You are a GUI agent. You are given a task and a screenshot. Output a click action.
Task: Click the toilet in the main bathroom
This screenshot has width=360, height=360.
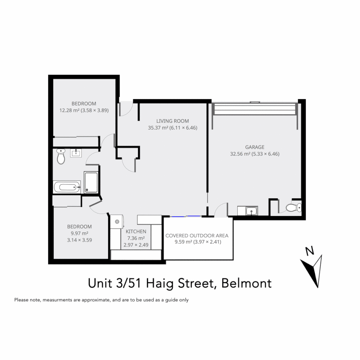[61, 157]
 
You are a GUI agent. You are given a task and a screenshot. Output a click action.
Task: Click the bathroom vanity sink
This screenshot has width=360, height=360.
[76, 153]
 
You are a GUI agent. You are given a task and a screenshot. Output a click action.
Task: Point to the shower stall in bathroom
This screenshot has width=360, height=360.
[91, 182]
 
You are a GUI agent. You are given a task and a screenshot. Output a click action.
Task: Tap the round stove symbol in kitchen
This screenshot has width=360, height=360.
[117, 221]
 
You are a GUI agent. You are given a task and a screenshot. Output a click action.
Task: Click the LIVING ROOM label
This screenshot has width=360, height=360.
[173, 121]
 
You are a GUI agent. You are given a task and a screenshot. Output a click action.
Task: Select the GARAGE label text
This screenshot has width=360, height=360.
[255, 147]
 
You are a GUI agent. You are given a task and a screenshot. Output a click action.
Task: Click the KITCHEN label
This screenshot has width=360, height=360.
[136, 231]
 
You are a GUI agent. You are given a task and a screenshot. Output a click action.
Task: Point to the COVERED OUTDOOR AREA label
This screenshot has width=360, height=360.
[197, 236]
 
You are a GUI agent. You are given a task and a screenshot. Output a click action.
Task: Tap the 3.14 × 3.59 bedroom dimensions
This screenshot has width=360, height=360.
[79, 240]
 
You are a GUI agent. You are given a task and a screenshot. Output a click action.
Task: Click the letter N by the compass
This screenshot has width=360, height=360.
[310, 251]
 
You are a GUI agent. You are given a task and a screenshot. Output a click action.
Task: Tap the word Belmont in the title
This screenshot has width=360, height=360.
[246, 283]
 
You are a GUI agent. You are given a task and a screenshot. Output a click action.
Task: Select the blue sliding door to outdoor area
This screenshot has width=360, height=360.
[185, 216]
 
